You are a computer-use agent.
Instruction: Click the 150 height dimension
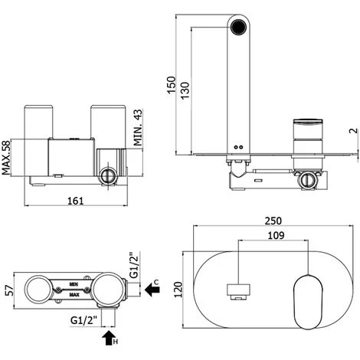[x=172, y=85]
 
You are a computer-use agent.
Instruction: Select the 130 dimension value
[x=185, y=90]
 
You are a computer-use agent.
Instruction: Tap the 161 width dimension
[x=76, y=201]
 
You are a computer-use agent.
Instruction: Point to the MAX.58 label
[x=6, y=158]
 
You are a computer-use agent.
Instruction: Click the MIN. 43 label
[x=138, y=127]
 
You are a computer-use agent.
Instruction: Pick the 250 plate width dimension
[x=273, y=221]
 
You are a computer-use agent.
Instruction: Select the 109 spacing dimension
[x=276, y=235]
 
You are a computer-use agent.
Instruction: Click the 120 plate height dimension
[x=178, y=290]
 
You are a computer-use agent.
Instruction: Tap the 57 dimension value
[x=9, y=290]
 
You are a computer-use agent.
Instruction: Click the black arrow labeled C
[x=152, y=290]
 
